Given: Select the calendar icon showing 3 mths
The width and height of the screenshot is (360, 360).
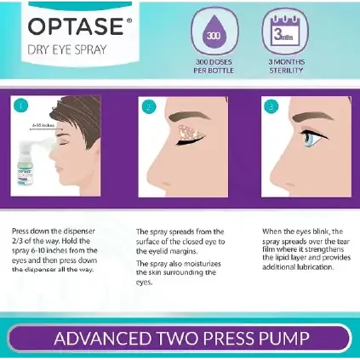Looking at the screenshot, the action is click(x=285, y=31).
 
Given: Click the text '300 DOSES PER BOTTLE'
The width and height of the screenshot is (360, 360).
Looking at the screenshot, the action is click(x=214, y=66).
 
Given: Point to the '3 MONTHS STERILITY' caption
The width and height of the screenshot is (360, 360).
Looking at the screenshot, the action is click(x=287, y=66).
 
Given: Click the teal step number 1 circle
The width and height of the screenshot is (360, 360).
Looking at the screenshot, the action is click(x=20, y=106).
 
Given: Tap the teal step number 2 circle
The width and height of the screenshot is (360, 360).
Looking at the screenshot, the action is click(x=149, y=107).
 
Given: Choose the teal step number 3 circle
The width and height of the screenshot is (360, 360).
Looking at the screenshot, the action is click(x=271, y=106).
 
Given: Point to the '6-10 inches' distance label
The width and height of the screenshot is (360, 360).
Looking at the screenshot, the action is click(x=43, y=125).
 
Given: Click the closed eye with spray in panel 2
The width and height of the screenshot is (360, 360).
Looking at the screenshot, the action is click(x=190, y=135).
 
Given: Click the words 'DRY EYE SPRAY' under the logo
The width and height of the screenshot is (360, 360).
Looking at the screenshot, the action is click(x=67, y=50).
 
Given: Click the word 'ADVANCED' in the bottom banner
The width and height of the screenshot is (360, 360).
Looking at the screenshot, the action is click(x=102, y=338).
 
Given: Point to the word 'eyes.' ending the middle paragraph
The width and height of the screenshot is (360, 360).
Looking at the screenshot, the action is click(x=144, y=283).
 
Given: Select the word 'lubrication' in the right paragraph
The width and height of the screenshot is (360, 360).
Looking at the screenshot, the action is click(x=315, y=267).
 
